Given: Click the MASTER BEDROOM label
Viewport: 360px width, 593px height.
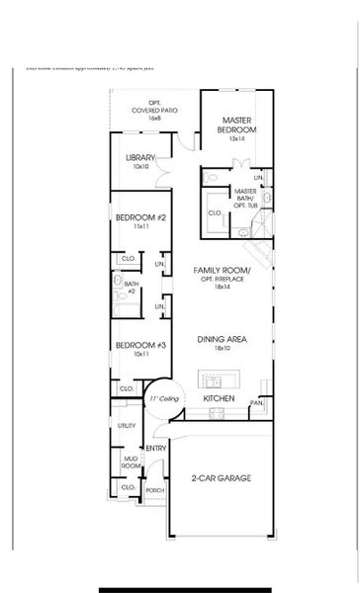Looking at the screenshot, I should (x=236, y=125).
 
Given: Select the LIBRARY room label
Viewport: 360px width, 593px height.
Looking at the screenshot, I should (x=140, y=157).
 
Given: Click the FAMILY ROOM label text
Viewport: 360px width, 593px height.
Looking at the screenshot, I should (x=222, y=270).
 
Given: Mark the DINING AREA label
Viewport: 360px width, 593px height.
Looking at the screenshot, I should (x=221, y=339).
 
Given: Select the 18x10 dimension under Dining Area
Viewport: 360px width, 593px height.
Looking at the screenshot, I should (x=221, y=349).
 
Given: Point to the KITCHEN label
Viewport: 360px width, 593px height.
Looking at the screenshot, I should (x=218, y=398).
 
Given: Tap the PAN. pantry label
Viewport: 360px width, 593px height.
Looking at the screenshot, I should (x=256, y=402).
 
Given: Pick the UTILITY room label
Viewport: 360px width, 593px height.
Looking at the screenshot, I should (x=127, y=426).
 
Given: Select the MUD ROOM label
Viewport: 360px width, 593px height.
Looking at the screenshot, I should (x=128, y=461).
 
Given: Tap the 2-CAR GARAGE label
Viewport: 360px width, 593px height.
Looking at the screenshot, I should (x=221, y=478).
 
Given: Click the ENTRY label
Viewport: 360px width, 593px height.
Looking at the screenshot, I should (x=155, y=448).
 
